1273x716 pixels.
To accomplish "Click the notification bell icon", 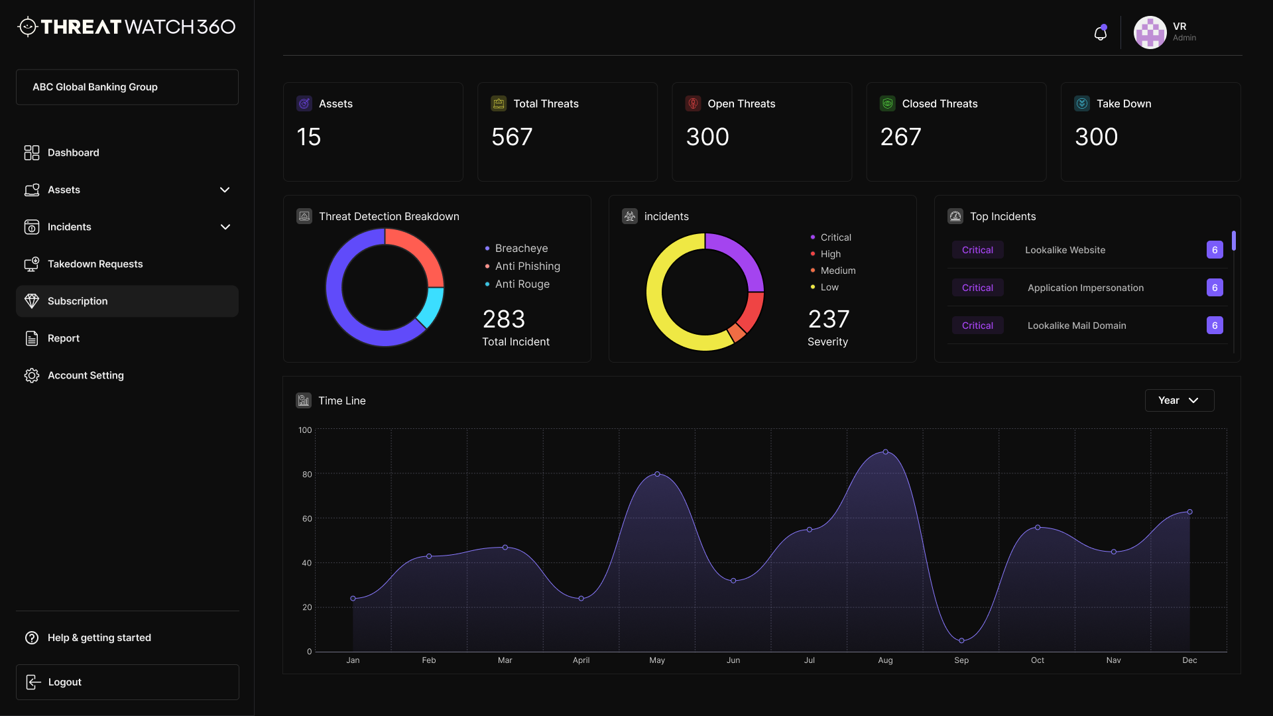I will pyautogui.click(x=1100, y=33).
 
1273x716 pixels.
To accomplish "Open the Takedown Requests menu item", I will pyautogui.click(x=95, y=264).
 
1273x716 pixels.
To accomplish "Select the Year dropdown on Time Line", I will pyautogui.click(x=1179, y=400).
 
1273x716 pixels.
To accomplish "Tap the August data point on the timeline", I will pyautogui.click(x=885, y=452).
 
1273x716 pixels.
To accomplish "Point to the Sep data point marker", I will pyautogui.click(x=961, y=640).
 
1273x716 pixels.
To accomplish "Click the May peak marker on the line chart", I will pyautogui.click(x=657, y=474).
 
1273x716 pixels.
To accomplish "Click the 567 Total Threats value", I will pyautogui.click(x=511, y=137).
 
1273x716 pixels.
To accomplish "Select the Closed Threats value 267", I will pyautogui.click(x=900, y=137).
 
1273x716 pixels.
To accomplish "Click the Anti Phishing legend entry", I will pyautogui.click(x=527, y=266).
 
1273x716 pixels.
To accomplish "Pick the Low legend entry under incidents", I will pyautogui.click(x=829, y=287).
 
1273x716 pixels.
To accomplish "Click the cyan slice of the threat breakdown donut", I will pyautogui.click(x=432, y=307).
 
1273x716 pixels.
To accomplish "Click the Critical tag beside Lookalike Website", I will pyautogui.click(x=977, y=250).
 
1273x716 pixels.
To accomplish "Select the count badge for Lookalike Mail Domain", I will pyautogui.click(x=1214, y=326).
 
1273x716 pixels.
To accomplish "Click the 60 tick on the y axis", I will pyautogui.click(x=307, y=518).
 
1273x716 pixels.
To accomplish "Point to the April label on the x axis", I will pyautogui.click(x=581, y=660).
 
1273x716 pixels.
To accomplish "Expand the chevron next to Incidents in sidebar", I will pyautogui.click(x=225, y=227).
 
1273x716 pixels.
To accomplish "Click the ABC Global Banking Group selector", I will pyautogui.click(x=127, y=87).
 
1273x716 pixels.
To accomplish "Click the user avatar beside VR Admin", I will pyautogui.click(x=1150, y=32).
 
